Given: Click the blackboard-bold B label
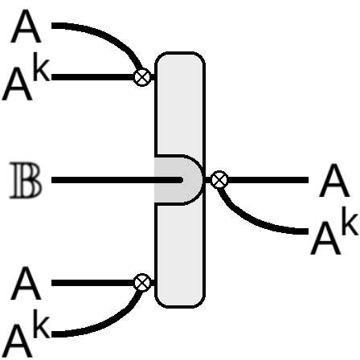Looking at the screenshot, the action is tap(26, 180).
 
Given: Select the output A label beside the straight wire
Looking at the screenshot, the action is tap(334, 180).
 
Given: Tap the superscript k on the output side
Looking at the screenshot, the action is tap(350, 224).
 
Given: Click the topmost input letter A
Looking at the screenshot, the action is tap(26, 26).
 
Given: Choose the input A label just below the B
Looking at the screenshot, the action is tap(26, 283).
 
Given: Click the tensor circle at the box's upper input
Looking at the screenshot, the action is tap(142, 77).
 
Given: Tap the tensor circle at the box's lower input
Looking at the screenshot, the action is tap(142, 282).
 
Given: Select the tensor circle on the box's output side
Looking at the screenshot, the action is tap(219, 179).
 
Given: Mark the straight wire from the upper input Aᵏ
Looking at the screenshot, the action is tap(92, 77).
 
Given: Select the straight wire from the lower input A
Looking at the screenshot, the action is tap(92, 283).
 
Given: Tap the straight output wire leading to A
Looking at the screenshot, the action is tap(268, 180).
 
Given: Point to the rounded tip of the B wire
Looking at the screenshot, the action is tap(182, 180).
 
